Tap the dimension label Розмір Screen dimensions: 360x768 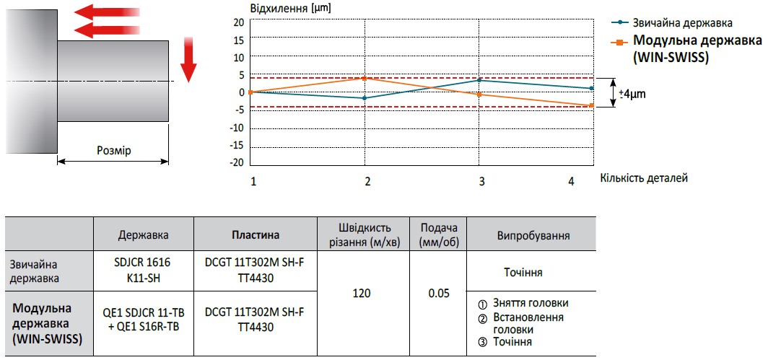114,151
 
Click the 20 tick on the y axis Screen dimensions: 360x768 238,22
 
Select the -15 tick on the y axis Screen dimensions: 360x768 236,146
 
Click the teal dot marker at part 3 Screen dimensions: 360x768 479,80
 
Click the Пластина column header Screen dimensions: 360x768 255,235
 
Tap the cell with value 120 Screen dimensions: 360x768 362,294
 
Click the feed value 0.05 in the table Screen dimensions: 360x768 438,294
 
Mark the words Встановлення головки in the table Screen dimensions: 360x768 528,322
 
